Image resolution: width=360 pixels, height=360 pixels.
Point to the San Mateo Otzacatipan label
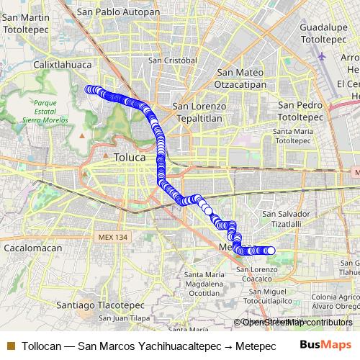point(241,78)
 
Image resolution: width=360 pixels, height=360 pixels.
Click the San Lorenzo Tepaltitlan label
point(199,112)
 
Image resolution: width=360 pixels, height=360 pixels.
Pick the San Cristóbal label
point(173,60)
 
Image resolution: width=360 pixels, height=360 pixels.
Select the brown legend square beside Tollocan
point(10,346)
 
